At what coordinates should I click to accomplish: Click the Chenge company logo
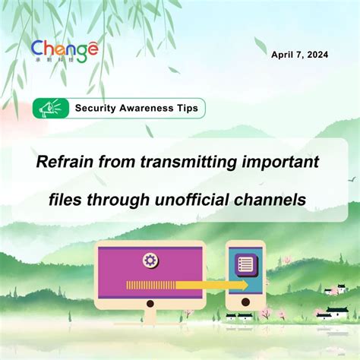(x=65, y=52)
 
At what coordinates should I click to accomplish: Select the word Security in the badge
(x=95, y=108)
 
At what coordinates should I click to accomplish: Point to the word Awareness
(x=147, y=108)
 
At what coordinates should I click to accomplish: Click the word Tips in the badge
(x=186, y=108)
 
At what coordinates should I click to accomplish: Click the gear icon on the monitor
(x=150, y=261)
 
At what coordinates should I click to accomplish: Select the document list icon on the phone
(x=245, y=265)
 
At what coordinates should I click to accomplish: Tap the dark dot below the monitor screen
(x=150, y=303)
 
